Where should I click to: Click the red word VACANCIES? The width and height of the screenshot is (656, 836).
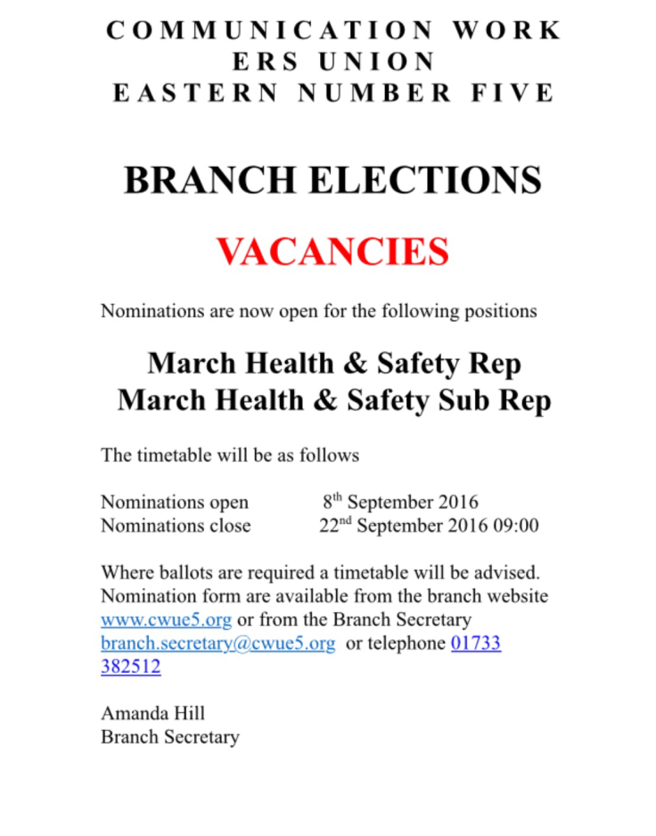coord(332,252)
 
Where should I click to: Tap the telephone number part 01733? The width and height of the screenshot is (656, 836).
coord(476,643)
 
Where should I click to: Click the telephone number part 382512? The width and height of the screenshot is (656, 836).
coord(130,666)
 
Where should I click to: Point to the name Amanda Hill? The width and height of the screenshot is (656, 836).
coord(152,713)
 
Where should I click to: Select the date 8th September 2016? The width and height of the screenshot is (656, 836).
coord(400,502)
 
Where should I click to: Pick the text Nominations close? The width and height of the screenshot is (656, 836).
coord(175,526)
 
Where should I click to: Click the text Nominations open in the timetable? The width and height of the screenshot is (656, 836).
coord(174,502)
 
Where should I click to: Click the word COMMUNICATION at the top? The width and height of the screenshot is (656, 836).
coord(269,30)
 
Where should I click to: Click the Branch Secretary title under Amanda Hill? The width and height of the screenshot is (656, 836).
coord(169,737)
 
